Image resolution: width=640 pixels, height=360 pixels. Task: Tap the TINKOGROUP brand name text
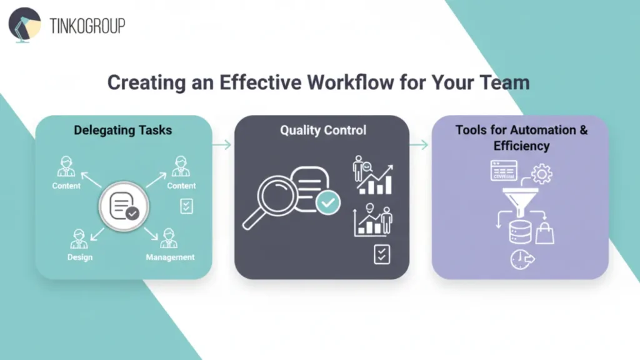coord(87,26)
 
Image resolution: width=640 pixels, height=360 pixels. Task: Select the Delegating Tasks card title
coord(122,131)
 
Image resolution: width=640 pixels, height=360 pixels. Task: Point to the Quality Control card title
coord(323,131)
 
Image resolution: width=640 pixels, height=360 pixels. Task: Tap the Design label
coord(80,257)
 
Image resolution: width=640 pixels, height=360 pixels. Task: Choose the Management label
coord(170,257)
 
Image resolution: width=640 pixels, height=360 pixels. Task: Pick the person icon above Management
coord(168,239)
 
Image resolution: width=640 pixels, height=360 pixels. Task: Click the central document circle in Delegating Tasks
coord(124,206)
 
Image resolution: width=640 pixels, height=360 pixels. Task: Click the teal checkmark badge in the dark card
coord(328,202)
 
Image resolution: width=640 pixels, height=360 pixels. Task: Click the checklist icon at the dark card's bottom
coord(382,254)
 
